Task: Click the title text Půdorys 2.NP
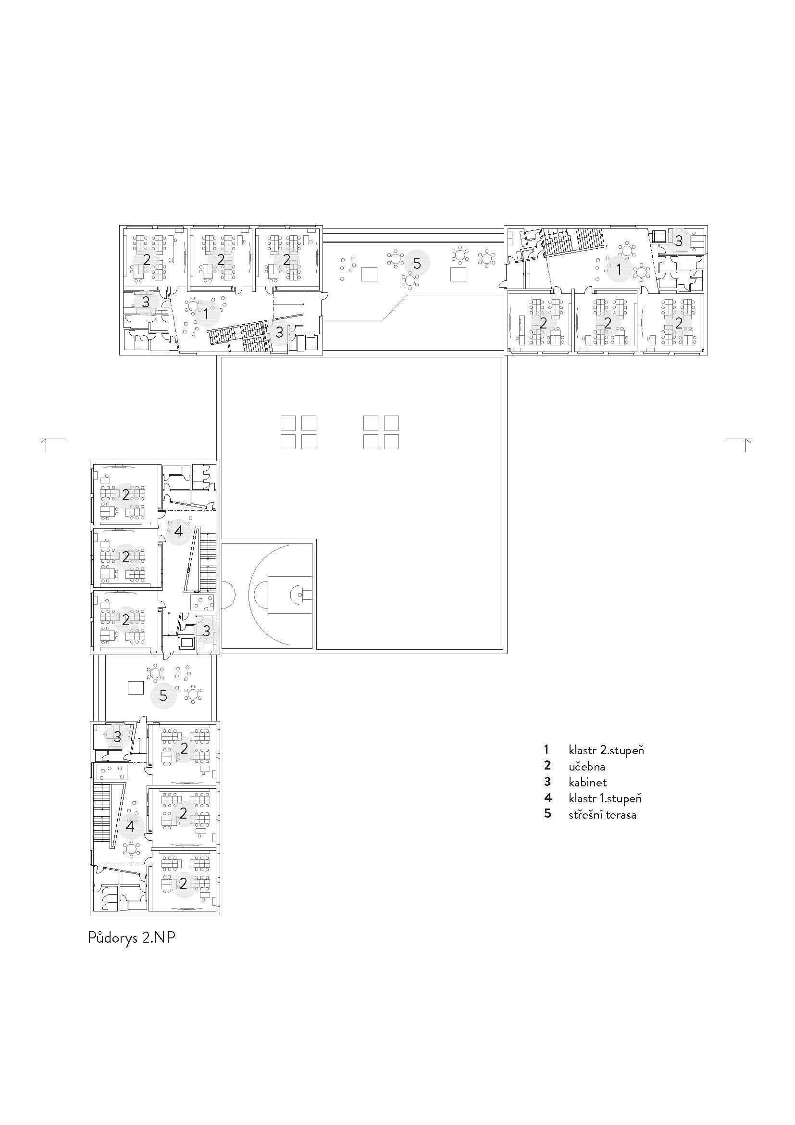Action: tap(131, 938)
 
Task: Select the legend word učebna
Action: tap(587, 766)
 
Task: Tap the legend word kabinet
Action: tap(587, 782)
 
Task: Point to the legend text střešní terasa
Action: tap(602, 815)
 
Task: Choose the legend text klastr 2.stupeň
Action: tap(606, 750)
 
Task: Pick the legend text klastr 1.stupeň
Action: tap(605, 798)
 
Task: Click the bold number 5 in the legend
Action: tap(547, 814)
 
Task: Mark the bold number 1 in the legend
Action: tap(547, 750)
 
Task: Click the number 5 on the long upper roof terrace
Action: tap(417, 264)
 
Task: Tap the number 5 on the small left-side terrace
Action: tap(163, 695)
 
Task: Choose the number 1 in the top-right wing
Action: tap(619, 268)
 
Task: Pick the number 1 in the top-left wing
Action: tap(206, 315)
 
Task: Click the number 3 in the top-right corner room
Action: tap(679, 240)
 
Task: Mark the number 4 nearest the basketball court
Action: tap(178, 531)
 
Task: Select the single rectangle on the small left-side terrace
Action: tap(136, 688)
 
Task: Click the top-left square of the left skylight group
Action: tap(288, 423)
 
